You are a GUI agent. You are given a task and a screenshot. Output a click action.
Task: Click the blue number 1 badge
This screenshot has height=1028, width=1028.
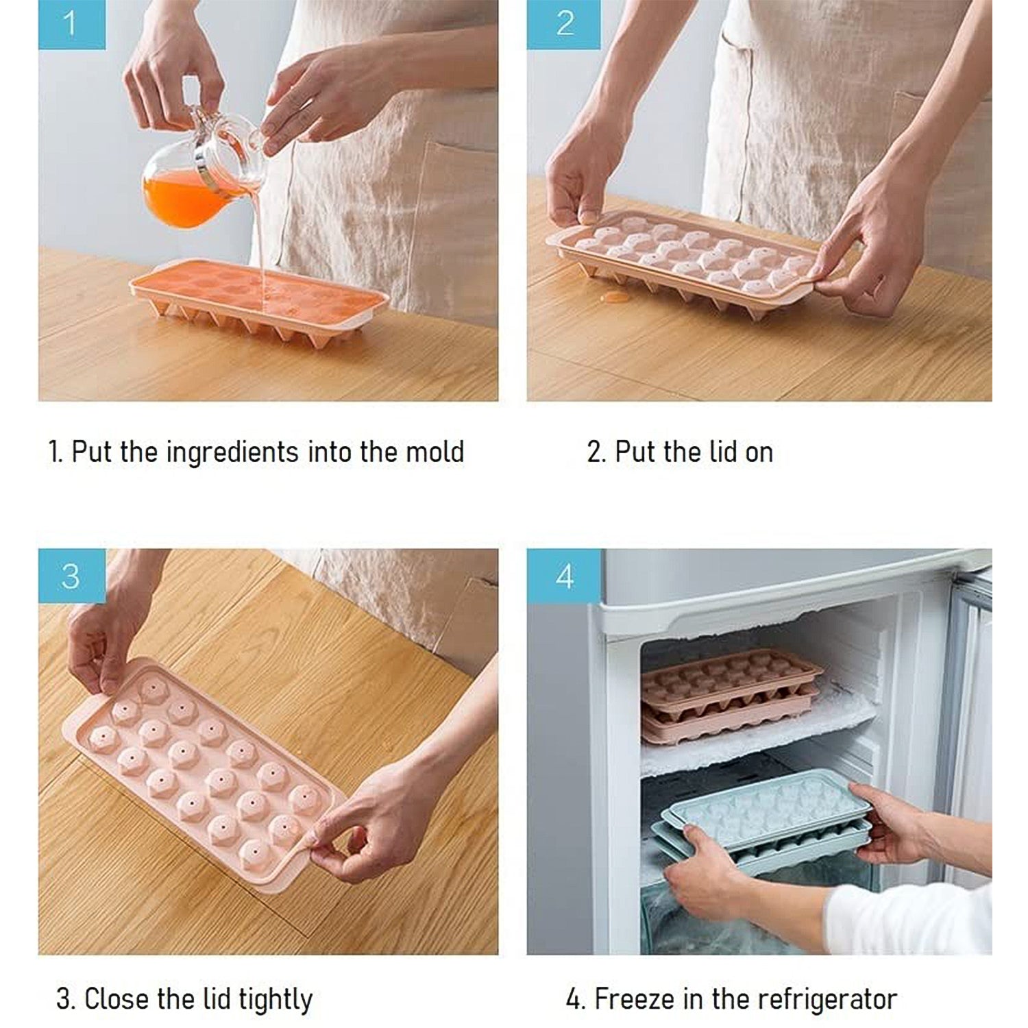click(x=71, y=24)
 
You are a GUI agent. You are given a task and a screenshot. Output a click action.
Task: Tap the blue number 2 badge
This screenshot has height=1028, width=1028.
click(x=564, y=24)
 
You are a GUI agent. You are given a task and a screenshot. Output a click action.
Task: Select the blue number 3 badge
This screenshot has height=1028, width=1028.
click(x=71, y=576)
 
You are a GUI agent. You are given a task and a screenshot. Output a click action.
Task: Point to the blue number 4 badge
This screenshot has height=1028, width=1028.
click(x=564, y=576)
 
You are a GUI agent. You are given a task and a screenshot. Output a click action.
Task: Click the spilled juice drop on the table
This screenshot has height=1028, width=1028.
click(x=615, y=297)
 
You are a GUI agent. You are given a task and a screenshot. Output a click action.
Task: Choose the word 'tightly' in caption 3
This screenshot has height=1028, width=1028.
click(x=275, y=999)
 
